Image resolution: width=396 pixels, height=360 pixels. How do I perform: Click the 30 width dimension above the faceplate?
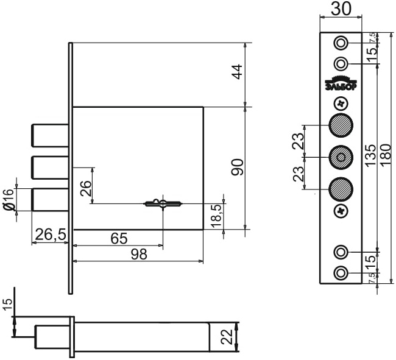coord(341,9)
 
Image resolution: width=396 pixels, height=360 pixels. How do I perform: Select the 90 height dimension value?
coord(238,167)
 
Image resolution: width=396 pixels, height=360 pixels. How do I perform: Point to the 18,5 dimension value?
coord(217,216)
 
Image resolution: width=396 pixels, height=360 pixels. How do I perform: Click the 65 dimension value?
coord(119,238)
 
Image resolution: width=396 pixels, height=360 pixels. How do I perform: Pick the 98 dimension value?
coord(139,254)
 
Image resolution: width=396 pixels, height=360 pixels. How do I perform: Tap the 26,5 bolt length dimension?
coord(51,235)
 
